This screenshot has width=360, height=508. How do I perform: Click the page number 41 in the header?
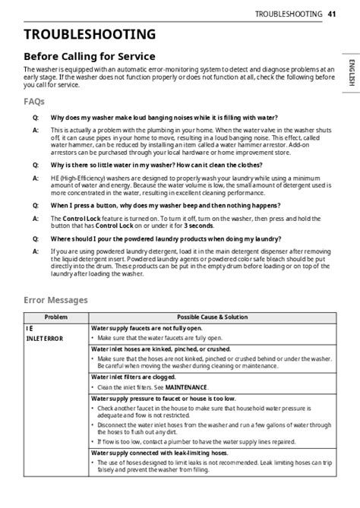332,14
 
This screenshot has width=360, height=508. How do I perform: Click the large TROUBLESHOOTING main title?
90,34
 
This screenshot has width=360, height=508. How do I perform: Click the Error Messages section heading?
55,300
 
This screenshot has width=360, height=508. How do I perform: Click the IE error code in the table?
29,327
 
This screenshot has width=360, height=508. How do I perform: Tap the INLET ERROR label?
45,338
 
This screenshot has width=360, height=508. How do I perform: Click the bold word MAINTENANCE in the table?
183,387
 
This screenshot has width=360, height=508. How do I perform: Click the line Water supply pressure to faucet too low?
163,398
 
